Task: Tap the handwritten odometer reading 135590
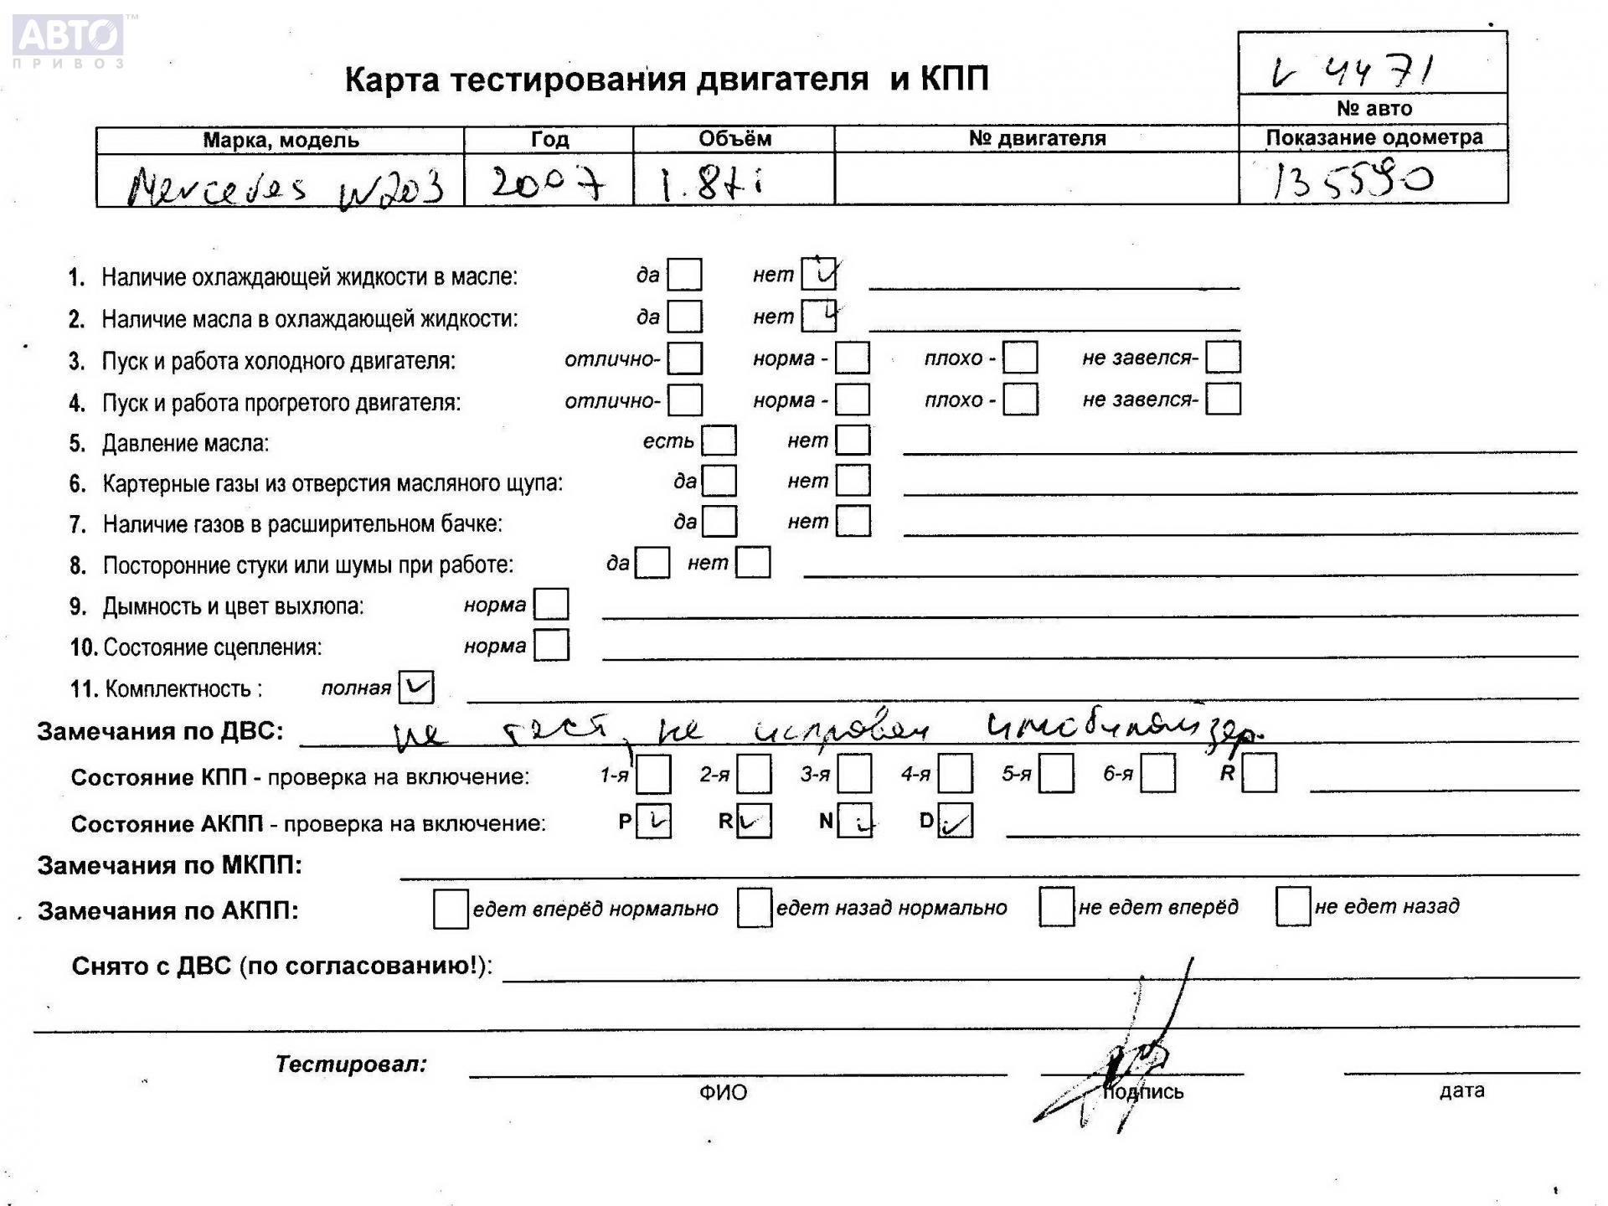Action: pos(1349,179)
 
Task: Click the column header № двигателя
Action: pos(1037,138)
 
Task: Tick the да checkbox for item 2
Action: pos(685,317)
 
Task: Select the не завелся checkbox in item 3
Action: pos(1223,358)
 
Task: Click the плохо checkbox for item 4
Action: pos(1020,399)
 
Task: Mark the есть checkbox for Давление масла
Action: pos(719,441)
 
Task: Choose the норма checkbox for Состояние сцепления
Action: pos(551,646)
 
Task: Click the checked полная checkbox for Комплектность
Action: pos(416,688)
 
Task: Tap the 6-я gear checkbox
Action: pos(1157,774)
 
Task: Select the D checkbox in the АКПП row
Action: pos(955,822)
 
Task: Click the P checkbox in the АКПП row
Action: pos(653,822)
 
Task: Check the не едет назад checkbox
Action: pos(1292,907)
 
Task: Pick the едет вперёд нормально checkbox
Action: pos(451,910)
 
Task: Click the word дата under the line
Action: pos(1461,1090)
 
